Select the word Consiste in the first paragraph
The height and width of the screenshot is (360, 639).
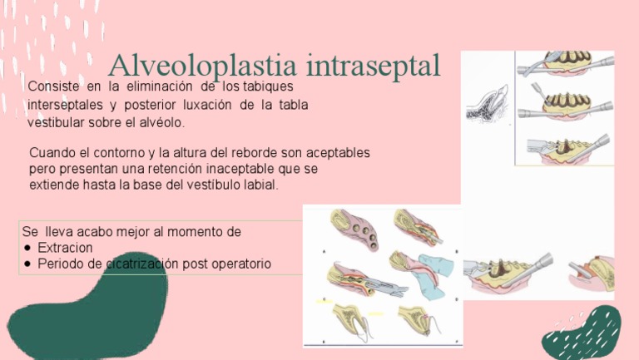click(52, 86)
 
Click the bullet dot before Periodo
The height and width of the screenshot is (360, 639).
click(29, 264)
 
